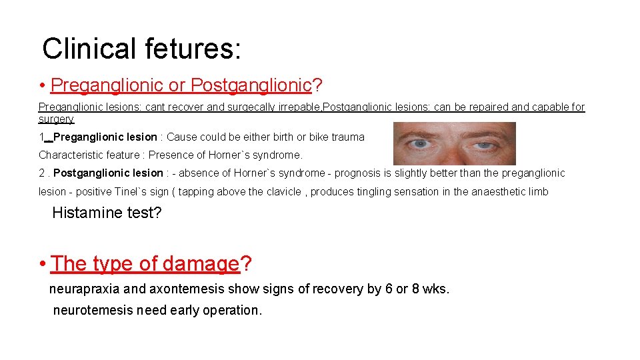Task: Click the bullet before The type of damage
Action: (42, 264)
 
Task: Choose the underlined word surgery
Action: (56, 119)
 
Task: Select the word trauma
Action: (348, 137)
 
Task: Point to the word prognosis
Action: (361, 173)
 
